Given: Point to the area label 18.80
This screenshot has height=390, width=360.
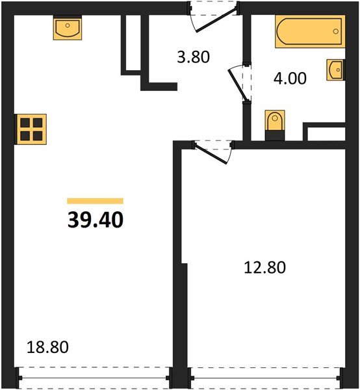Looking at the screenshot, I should coord(47,347).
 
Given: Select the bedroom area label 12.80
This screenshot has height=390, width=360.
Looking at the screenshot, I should coord(264,266).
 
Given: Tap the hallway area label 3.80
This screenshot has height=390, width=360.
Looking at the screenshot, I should coord(194,57).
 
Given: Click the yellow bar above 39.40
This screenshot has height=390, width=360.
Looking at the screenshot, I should coord(95,201).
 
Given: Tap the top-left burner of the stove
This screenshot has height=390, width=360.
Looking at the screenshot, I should coord(26,122).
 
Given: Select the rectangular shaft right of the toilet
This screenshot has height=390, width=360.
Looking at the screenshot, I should coord(325,132).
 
